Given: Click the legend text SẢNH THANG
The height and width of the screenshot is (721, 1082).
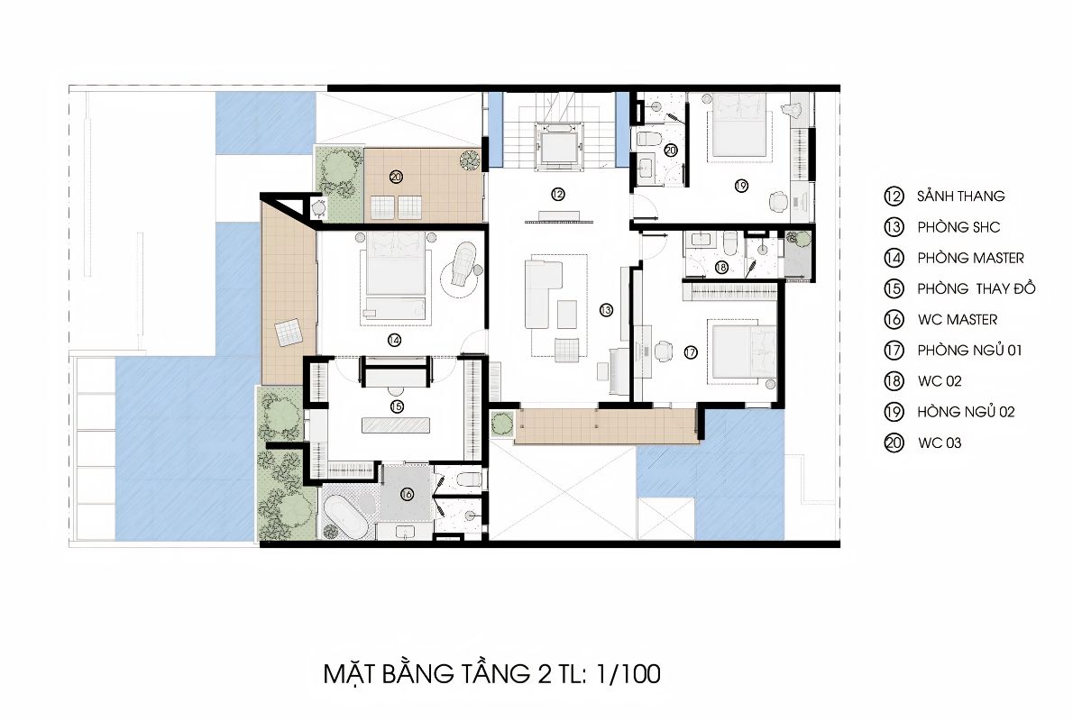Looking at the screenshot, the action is point(961,196).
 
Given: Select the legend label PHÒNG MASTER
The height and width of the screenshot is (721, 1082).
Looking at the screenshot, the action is point(970,258).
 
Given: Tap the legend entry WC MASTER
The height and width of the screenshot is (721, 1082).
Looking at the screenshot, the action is point(958,320).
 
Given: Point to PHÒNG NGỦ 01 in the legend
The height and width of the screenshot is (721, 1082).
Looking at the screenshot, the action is point(969,350).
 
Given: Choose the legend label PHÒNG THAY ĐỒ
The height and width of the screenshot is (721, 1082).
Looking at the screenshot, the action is point(977,288).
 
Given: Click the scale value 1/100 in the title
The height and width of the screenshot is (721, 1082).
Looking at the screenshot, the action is point(628,673).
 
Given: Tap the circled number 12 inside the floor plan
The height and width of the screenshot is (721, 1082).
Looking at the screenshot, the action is point(558,194).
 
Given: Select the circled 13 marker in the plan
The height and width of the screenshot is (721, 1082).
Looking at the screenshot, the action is point(606,309).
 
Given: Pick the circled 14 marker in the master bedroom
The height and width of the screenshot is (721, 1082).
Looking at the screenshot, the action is point(394,341).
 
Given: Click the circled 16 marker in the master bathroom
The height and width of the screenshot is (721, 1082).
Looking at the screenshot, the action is point(407,494).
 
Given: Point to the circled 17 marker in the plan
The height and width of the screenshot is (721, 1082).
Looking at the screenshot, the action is point(691,352).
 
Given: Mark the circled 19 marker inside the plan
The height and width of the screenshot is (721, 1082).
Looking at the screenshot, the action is point(741,185).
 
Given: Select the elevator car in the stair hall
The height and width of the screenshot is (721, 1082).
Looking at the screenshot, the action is point(559,146).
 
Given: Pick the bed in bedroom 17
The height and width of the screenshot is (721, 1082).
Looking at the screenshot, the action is point(742,351).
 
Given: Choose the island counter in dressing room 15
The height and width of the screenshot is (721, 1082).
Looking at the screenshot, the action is point(396,424).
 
